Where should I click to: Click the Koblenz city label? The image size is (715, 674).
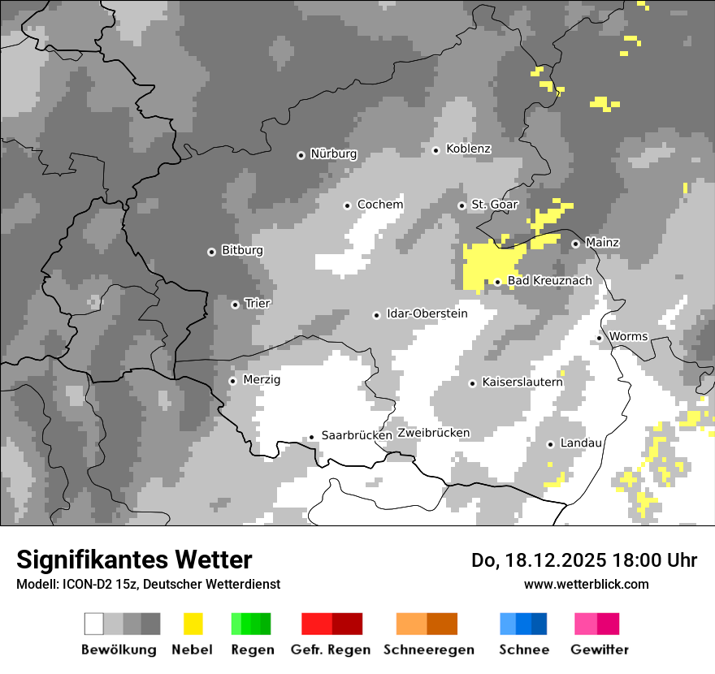tap(468, 149)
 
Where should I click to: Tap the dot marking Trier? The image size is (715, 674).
tap(236, 305)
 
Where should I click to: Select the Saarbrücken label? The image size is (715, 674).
tap(357, 435)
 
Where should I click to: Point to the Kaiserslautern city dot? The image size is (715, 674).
tap(473, 383)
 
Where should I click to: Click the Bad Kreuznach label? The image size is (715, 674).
tap(549, 281)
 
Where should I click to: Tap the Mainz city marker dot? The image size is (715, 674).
tap(575, 244)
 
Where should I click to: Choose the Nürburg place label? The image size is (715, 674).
tap(333, 153)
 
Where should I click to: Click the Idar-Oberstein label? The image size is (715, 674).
tap(427, 313)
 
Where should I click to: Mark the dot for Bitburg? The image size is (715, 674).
tap(212, 252)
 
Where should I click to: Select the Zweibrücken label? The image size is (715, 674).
tap(433, 433)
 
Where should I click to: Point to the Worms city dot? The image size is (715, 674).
tap(600, 338)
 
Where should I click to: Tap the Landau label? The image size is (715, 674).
tap(581, 443)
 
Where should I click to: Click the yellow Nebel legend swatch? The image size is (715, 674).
tap(193, 624)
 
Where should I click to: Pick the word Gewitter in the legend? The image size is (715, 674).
tap(600, 650)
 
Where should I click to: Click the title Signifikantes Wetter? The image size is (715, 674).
tap(134, 560)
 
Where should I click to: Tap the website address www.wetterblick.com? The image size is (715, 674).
tap(586, 584)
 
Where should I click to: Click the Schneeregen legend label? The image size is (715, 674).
tap(428, 650)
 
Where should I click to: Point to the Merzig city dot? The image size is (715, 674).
tap(232, 381)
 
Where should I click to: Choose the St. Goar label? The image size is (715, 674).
tap(494, 205)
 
